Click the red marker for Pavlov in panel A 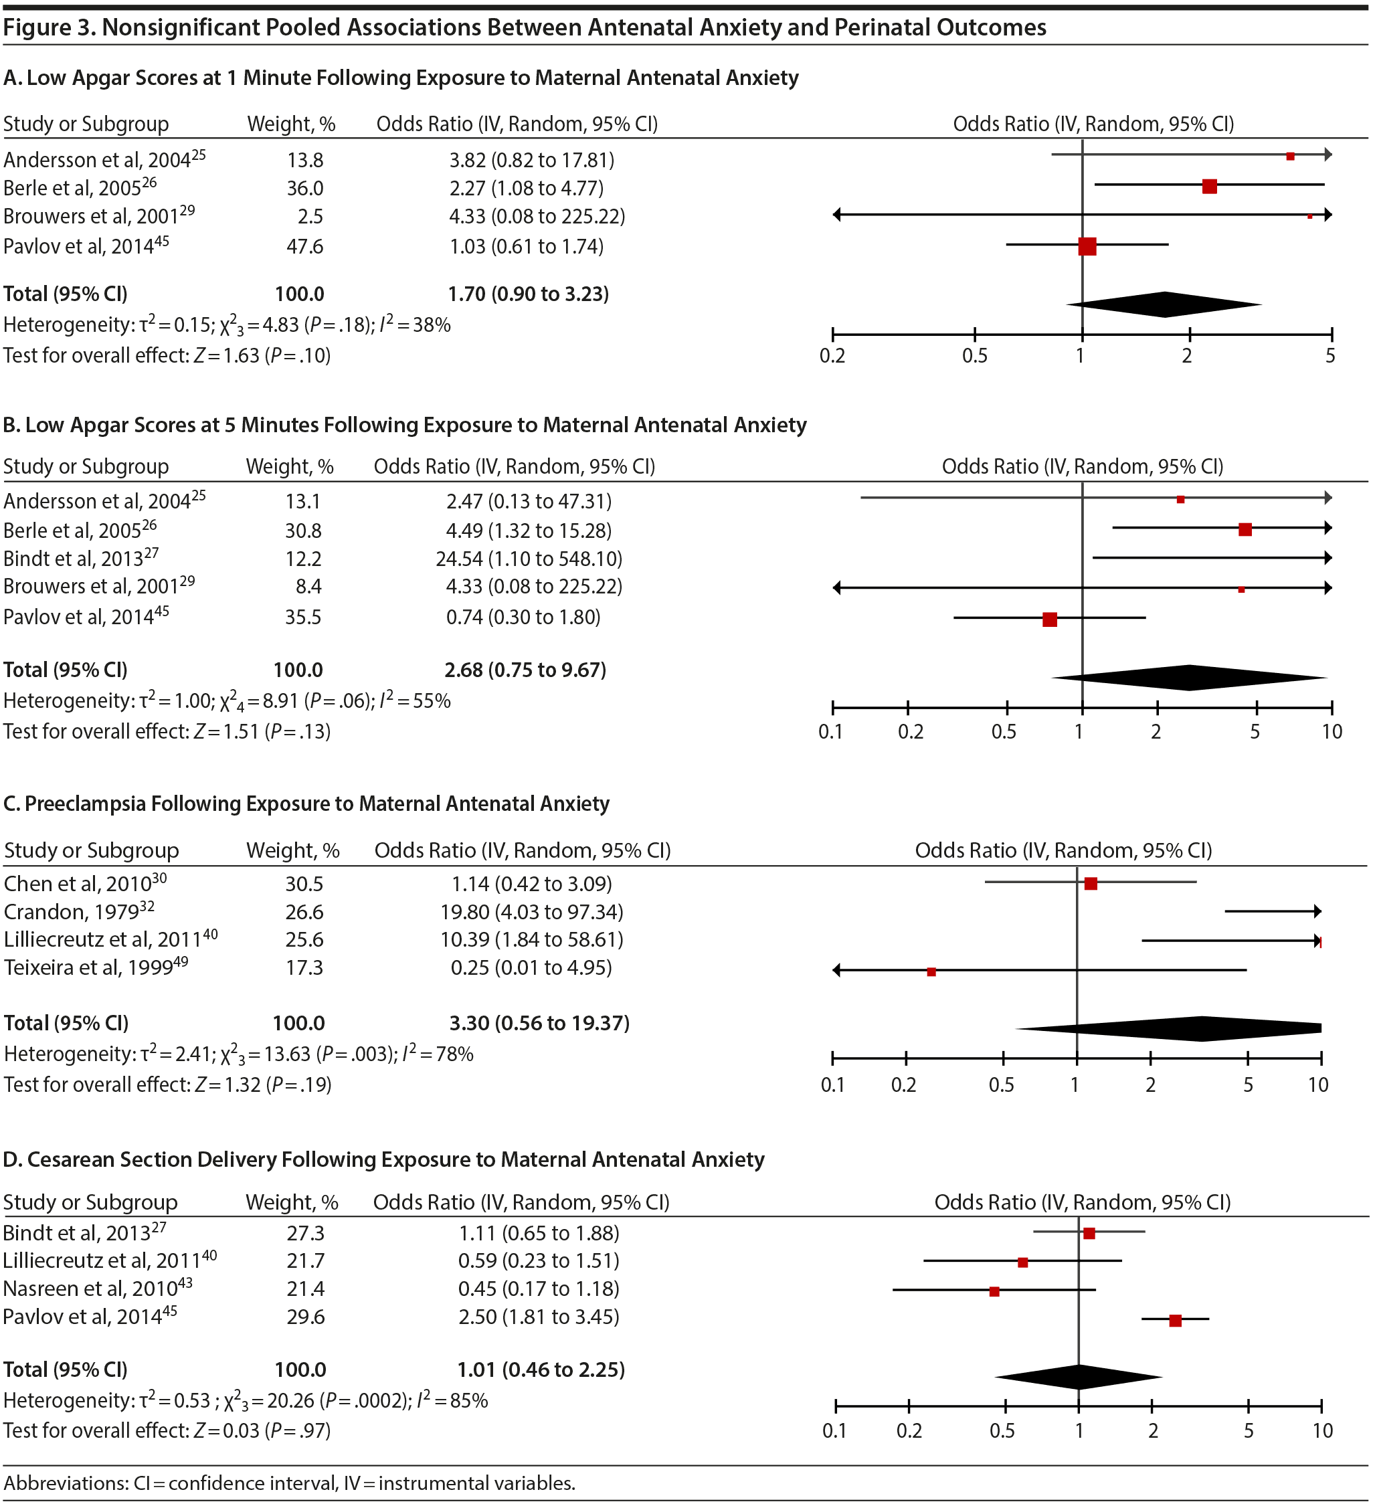pyautogui.click(x=1087, y=246)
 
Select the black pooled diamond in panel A pyautogui.click(x=1164, y=304)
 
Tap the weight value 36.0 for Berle pyautogui.click(x=305, y=188)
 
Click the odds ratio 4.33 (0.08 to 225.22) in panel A pyautogui.click(x=537, y=217)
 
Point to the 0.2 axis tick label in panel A pyautogui.click(x=832, y=355)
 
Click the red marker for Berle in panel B pyautogui.click(x=1245, y=530)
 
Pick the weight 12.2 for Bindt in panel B pyautogui.click(x=303, y=559)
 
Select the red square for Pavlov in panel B pyautogui.click(x=1050, y=620)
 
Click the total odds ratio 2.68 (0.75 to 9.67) pyautogui.click(x=525, y=670)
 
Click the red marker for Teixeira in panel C pyautogui.click(x=931, y=972)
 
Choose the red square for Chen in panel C pyautogui.click(x=1091, y=884)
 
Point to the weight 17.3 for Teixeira pyautogui.click(x=304, y=968)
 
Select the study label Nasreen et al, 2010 pyautogui.click(x=90, y=1289)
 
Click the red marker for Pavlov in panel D pyautogui.click(x=1175, y=1321)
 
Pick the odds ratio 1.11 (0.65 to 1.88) pyautogui.click(x=539, y=1233)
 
